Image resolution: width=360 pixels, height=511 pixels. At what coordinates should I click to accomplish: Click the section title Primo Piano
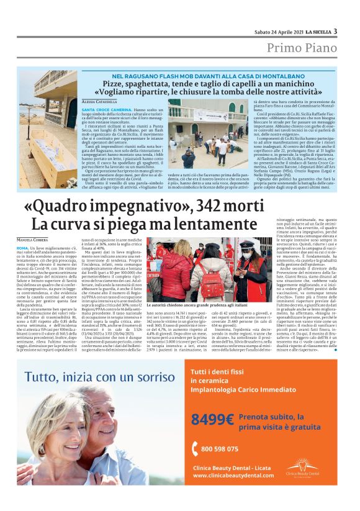point(302,48)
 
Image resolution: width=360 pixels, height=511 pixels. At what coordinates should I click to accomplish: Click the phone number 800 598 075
point(221,449)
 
